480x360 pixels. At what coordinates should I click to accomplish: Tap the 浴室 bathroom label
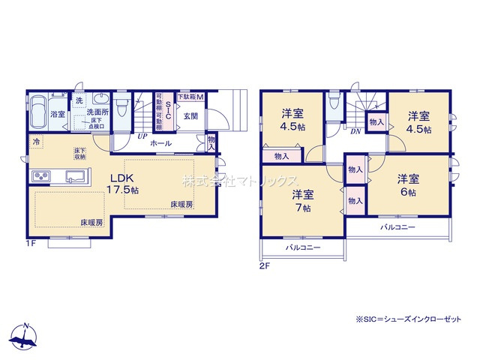[57, 114]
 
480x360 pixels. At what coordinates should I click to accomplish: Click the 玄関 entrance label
[190, 116]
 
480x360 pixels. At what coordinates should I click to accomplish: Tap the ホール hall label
[160, 143]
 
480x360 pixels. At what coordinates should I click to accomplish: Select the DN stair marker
[355, 130]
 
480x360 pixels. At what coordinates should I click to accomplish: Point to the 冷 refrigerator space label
[36, 140]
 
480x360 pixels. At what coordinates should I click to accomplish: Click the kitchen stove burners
[40, 177]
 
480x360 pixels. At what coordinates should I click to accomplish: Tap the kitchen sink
[75, 177]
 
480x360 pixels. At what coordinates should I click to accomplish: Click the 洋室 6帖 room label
[408, 183]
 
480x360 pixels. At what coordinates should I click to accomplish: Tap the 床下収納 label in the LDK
[79, 154]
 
